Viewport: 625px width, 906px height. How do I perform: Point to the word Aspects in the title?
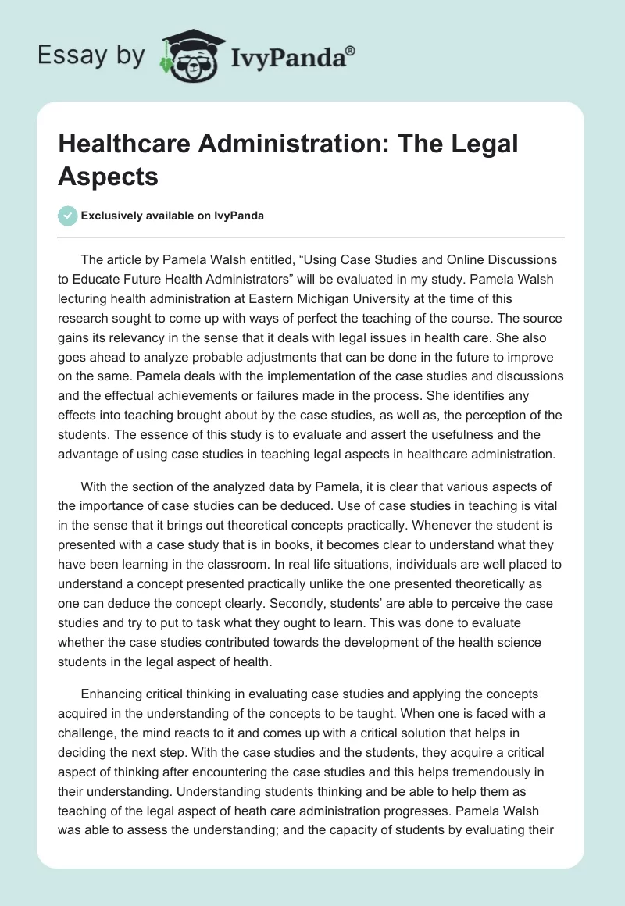click(x=109, y=176)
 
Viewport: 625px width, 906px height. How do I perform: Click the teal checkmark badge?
click(x=69, y=216)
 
